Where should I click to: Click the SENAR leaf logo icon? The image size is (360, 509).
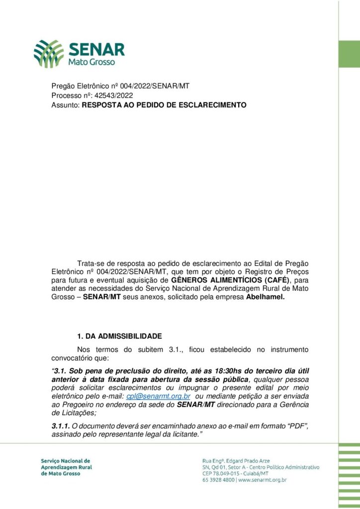49,54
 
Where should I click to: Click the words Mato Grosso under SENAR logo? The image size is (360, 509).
91,63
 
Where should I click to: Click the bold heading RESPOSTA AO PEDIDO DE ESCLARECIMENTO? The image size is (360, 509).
164,105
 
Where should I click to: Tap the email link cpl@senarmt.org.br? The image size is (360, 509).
158,396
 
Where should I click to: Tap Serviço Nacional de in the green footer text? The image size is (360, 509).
66,461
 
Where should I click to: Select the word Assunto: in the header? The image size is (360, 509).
66,105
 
